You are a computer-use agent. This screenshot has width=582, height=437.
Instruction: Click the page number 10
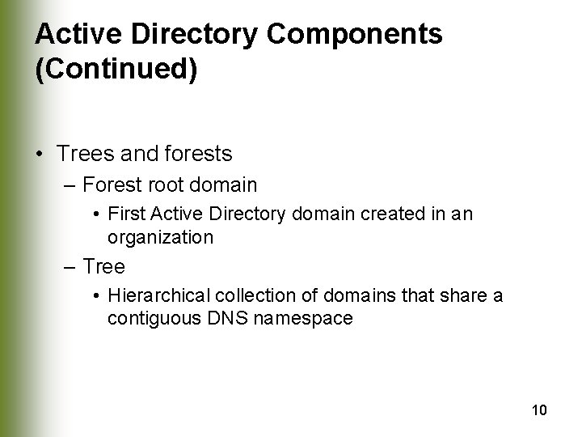(x=539, y=410)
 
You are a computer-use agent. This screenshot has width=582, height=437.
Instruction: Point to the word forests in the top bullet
(x=200, y=152)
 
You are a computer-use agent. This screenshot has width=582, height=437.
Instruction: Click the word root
(x=171, y=185)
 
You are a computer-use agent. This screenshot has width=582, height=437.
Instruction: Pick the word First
(x=124, y=216)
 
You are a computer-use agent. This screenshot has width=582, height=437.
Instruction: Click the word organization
(x=160, y=238)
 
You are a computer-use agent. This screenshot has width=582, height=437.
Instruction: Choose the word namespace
(x=302, y=318)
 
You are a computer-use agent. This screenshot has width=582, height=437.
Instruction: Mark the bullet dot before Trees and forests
(x=40, y=154)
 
